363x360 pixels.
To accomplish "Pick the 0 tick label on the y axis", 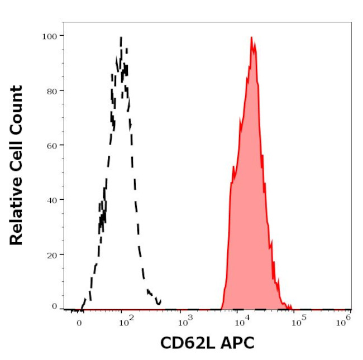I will [54, 306].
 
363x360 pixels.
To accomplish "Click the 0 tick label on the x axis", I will [79, 322].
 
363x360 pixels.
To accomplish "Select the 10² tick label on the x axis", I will [125, 320].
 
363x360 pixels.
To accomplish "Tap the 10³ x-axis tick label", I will [184, 320].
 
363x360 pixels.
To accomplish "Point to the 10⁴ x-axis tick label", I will [241, 320].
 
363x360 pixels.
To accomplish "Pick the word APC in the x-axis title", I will [238, 343].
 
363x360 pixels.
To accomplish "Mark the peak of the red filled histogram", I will [252, 37].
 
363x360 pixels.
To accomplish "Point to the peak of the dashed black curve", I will [121, 37].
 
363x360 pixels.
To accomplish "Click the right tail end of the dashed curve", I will [160, 301].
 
